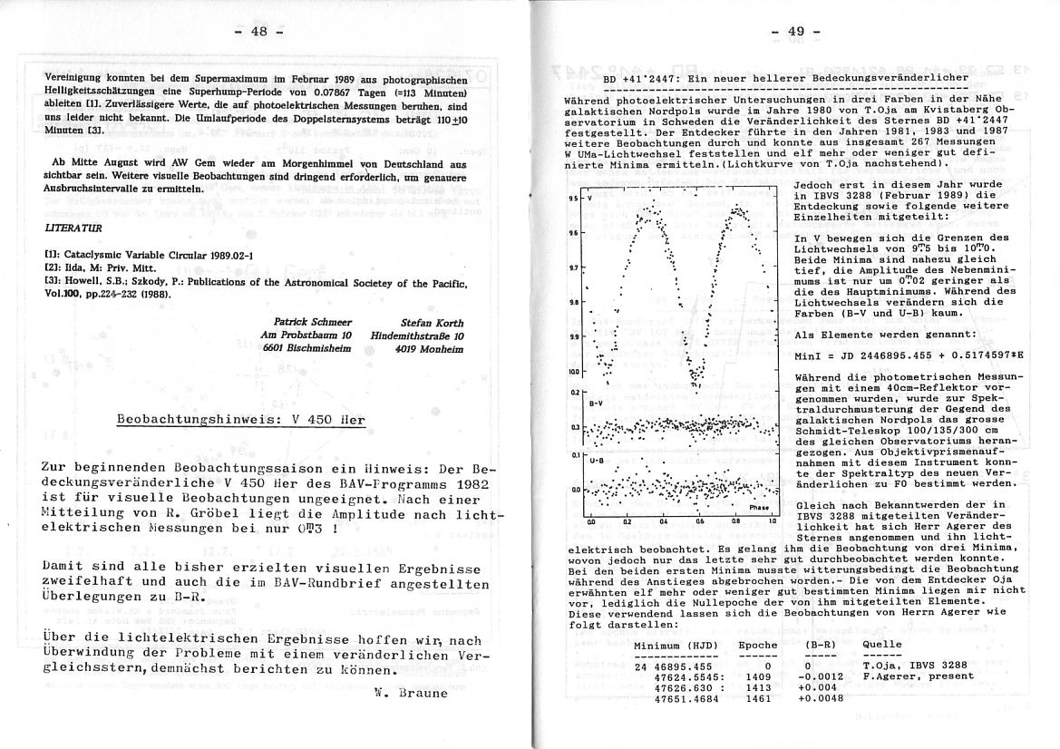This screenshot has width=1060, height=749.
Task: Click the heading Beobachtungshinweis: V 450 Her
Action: tap(240, 420)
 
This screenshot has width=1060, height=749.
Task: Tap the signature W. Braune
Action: tap(411, 694)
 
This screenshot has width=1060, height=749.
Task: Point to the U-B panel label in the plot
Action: tap(597, 461)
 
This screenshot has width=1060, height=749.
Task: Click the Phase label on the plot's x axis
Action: tap(758, 508)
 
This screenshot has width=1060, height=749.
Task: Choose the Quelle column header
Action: tap(882, 645)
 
